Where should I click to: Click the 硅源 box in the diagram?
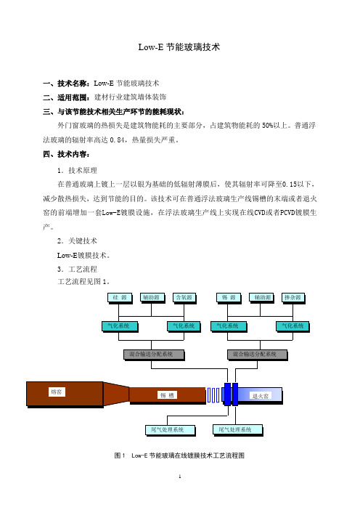coord(120,298)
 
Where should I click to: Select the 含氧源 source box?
coord(184,298)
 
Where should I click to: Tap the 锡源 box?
coord(229,298)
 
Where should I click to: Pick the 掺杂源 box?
coord(292,298)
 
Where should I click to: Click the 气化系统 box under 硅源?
coord(120,326)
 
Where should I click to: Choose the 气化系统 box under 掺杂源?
coord(292,326)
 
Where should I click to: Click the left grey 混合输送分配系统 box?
coord(154,355)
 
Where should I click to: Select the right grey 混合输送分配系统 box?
coord(258,355)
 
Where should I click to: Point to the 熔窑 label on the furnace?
coord(57,392)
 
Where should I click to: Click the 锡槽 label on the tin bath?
coord(168,395)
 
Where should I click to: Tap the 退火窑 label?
coord(261,396)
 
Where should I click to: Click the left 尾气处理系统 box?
coord(170,430)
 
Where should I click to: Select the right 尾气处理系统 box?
coord(237,430)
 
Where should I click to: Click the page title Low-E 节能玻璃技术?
coord(179,47)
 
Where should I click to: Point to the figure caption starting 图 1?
coord(179,456)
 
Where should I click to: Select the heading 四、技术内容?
coord(66,154)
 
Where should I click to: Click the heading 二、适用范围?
coord(68,97)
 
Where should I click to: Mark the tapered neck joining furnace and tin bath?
coord(116,394)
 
